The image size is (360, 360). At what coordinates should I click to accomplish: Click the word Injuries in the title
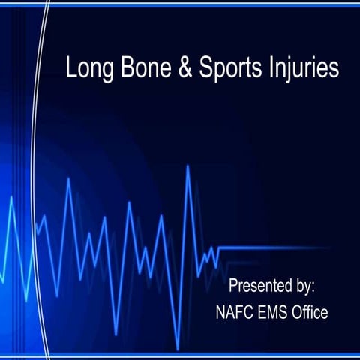click(x=304, y=70)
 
